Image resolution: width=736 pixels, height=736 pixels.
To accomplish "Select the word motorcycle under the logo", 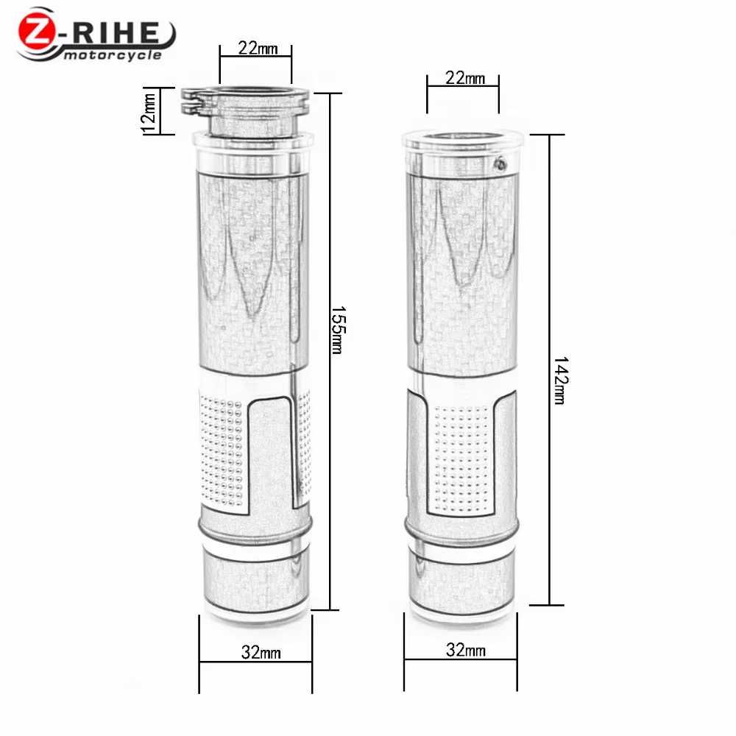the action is tap(113, 55).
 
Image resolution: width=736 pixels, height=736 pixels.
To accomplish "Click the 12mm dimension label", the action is tap(149, 112).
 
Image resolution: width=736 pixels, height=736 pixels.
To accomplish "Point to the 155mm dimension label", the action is tap(338, 330).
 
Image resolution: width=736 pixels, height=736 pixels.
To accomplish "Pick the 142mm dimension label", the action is tap(560, 381).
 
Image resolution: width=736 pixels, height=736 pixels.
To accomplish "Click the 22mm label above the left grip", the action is tap(258, 49).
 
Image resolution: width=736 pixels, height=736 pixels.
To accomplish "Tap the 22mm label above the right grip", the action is tap(465, 78).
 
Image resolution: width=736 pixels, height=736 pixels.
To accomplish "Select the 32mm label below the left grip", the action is tap(261, 652).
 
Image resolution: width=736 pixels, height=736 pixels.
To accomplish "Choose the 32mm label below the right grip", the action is tap(466, 650).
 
